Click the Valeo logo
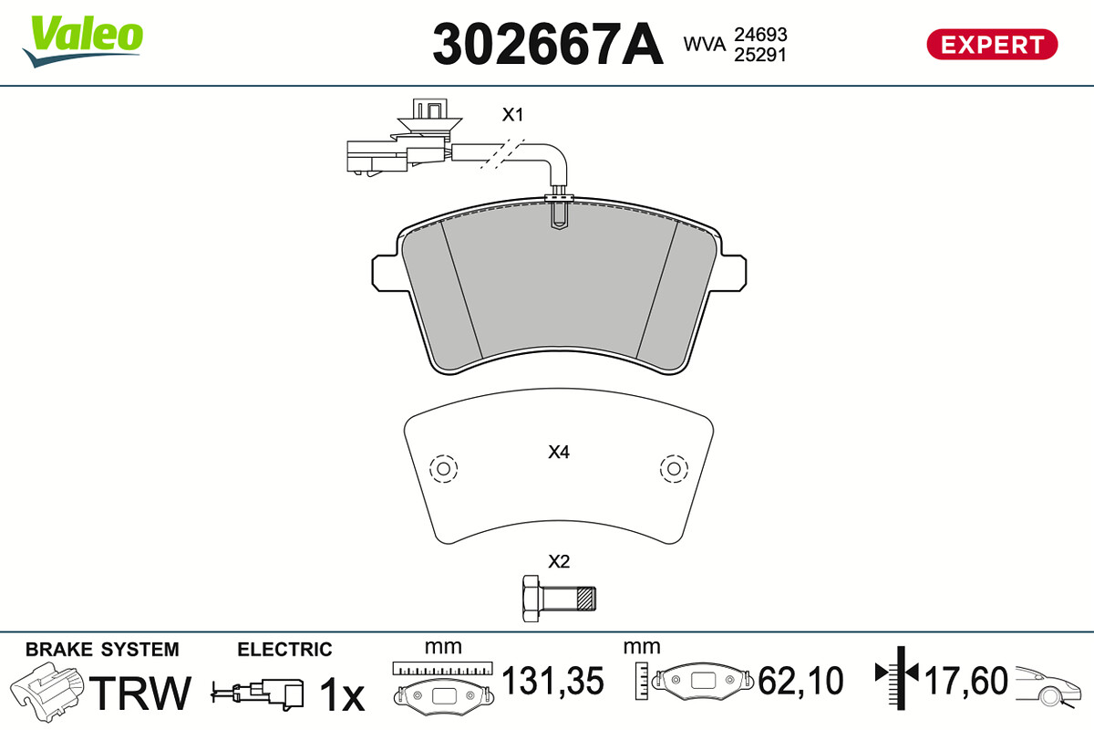83,41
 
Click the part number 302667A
548,44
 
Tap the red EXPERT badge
992,45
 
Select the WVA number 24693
760,35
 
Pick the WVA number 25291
760,55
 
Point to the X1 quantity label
512,115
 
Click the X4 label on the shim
559,453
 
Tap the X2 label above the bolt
559,562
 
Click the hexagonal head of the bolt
531,599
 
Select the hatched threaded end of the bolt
586,599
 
